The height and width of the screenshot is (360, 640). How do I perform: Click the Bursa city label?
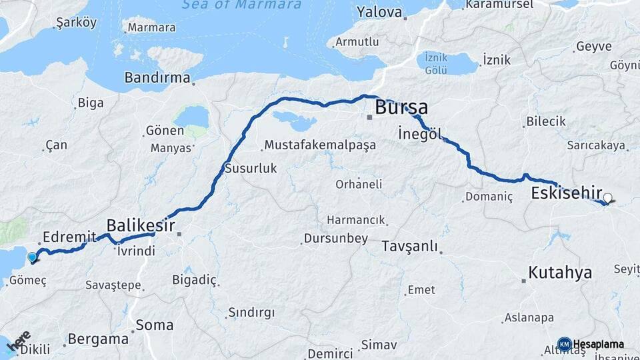click(401, 107)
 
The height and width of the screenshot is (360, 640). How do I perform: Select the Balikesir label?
click(141, 225)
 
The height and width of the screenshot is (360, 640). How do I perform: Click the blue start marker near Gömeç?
click(32, 257)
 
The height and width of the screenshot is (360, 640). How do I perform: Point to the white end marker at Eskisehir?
click(607, 198)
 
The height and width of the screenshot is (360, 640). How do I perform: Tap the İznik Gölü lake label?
click(436, 65)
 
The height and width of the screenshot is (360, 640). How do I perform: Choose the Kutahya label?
click(560, 273)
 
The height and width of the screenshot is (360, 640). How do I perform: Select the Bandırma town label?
click(157, 78)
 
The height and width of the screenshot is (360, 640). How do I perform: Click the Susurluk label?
click(251, 168)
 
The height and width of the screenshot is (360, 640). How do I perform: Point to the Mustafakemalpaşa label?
click(320, 145)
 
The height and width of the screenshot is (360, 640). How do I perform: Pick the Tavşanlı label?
click(410, 247)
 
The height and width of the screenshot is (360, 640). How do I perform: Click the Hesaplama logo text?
click(598, 344)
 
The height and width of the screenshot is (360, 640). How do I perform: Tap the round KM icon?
click(564, 344)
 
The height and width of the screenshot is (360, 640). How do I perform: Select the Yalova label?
click(379, 12)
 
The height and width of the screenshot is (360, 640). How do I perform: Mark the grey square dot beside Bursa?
click(369, 117)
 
